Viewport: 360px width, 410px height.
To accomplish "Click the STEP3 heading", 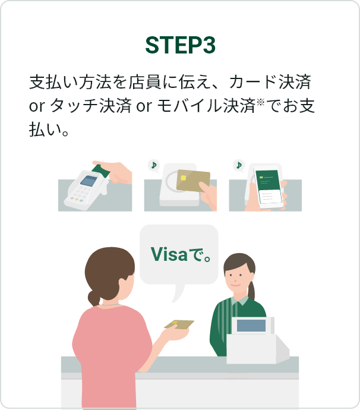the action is (180, 45).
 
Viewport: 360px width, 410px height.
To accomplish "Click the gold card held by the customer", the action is (179, 324).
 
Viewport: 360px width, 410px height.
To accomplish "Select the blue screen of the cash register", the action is (251, 326).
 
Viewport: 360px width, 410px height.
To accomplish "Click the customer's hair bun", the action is (94, 298).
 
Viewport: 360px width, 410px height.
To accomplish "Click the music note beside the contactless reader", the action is (154, 165).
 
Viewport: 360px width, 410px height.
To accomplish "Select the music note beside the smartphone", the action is (239, 165).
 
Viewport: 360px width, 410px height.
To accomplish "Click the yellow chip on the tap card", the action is (184, 178).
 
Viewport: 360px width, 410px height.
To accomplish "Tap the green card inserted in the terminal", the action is (101, 171).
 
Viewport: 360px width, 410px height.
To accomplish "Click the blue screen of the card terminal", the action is (89, 181).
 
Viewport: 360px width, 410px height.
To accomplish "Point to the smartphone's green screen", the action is (267, 181).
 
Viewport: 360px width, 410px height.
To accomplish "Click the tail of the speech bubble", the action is (178, 293).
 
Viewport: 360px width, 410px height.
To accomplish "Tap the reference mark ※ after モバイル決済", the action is (261, 102).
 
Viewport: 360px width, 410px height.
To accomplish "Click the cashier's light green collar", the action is (240, 301).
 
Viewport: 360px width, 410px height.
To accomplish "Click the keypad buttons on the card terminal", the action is (78, 196).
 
